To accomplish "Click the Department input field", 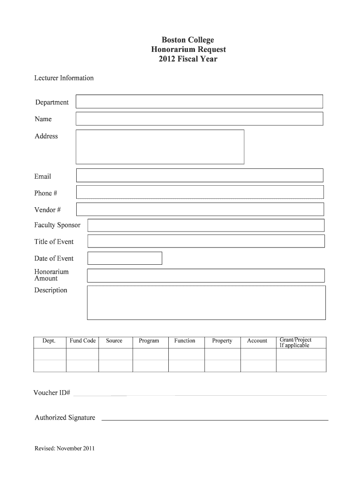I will tap(199, 102).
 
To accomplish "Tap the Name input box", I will tap(199, 119).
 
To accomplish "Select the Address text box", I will tap(160, 147).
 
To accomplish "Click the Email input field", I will tap(200, 175).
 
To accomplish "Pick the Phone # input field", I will tap(200, 192).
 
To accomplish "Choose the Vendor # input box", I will tap(200, 209).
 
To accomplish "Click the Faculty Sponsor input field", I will tap(206, 225).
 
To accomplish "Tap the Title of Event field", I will tap(206, 241).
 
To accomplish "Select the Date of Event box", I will tap(125, 258).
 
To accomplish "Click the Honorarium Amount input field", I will tap(206, 276).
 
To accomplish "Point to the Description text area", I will tap(206, 303).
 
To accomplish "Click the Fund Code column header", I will tap(83, 341).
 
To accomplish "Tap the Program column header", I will tap(149, 341).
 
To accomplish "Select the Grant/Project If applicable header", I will tap(295, 342).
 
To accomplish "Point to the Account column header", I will tap(257, 341).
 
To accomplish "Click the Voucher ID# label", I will tap(51, 392).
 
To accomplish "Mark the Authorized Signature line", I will tap(215, 420).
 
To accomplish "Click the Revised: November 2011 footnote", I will tap(65, 449).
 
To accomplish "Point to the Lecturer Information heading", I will tap(64, 78).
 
